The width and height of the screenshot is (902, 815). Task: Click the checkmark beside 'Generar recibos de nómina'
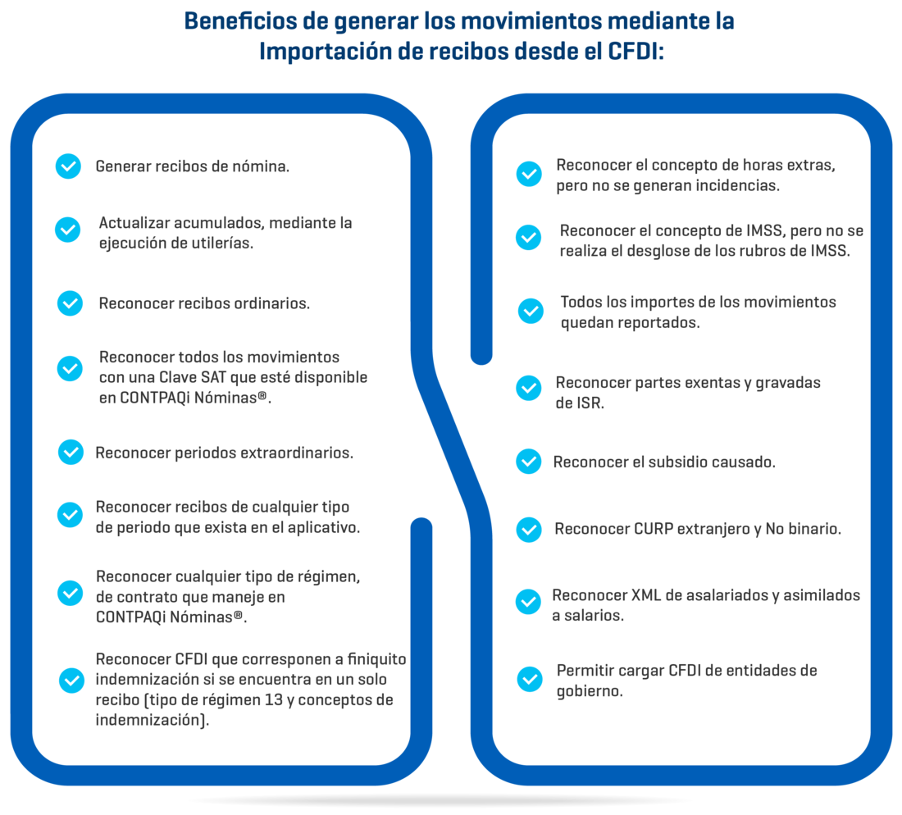point(68,166)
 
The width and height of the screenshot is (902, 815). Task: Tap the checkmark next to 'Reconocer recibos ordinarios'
point(70,303)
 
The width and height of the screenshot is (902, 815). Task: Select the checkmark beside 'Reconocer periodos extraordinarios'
point(70,452)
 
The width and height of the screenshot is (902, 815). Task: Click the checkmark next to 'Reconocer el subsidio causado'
point(528,462)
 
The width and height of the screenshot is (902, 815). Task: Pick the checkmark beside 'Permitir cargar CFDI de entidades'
point(530,679)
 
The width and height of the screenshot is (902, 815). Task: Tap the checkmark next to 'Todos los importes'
point(531,311)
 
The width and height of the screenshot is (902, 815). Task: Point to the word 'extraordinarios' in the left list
point(296,453)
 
